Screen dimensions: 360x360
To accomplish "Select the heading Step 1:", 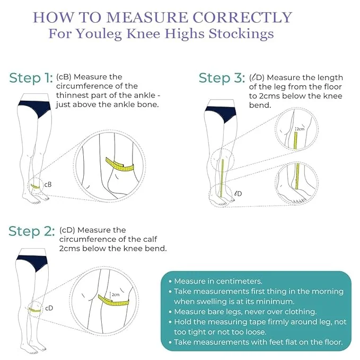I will coord(31,78).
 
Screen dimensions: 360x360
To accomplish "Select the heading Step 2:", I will coord(31,232).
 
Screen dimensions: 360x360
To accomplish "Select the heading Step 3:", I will coord(222,78).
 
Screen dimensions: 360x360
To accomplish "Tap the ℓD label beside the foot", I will coord(238,194).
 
